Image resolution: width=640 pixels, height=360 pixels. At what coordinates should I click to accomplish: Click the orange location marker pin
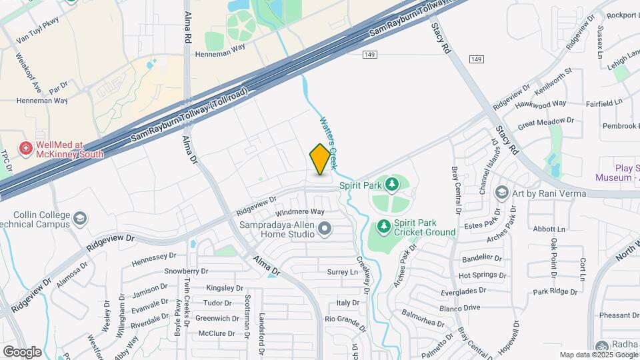pyautogui.click(x=321, y=159)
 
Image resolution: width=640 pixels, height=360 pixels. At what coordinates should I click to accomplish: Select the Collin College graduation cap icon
pyautogui.click(x=80, y=219)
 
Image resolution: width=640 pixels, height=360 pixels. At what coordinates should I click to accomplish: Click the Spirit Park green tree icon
pyautogui.click(x=393, y=184)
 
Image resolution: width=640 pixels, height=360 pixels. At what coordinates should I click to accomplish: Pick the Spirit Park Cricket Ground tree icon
pyautogui.click(x=383, y=227)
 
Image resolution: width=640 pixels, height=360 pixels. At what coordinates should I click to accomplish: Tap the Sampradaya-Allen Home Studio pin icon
pyautogui.click(x=325, y=230)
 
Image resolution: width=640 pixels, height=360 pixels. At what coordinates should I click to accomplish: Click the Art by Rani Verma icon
pyautogui.click(x=502, y=193)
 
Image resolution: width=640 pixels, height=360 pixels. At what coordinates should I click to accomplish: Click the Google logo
pyautogui.click(x=22, y=351)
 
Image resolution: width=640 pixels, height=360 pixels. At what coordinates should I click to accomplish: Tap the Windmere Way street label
pyautogui.click(x=300, y=211)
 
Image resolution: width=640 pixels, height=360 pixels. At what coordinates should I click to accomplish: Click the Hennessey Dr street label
pyautogui.click(x=154, y=255)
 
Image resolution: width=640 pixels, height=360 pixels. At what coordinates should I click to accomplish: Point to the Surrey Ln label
pyautogui.click(x=343, y=272)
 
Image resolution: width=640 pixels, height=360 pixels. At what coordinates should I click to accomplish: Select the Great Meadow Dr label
pyautogui.click(x=546, y=123)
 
